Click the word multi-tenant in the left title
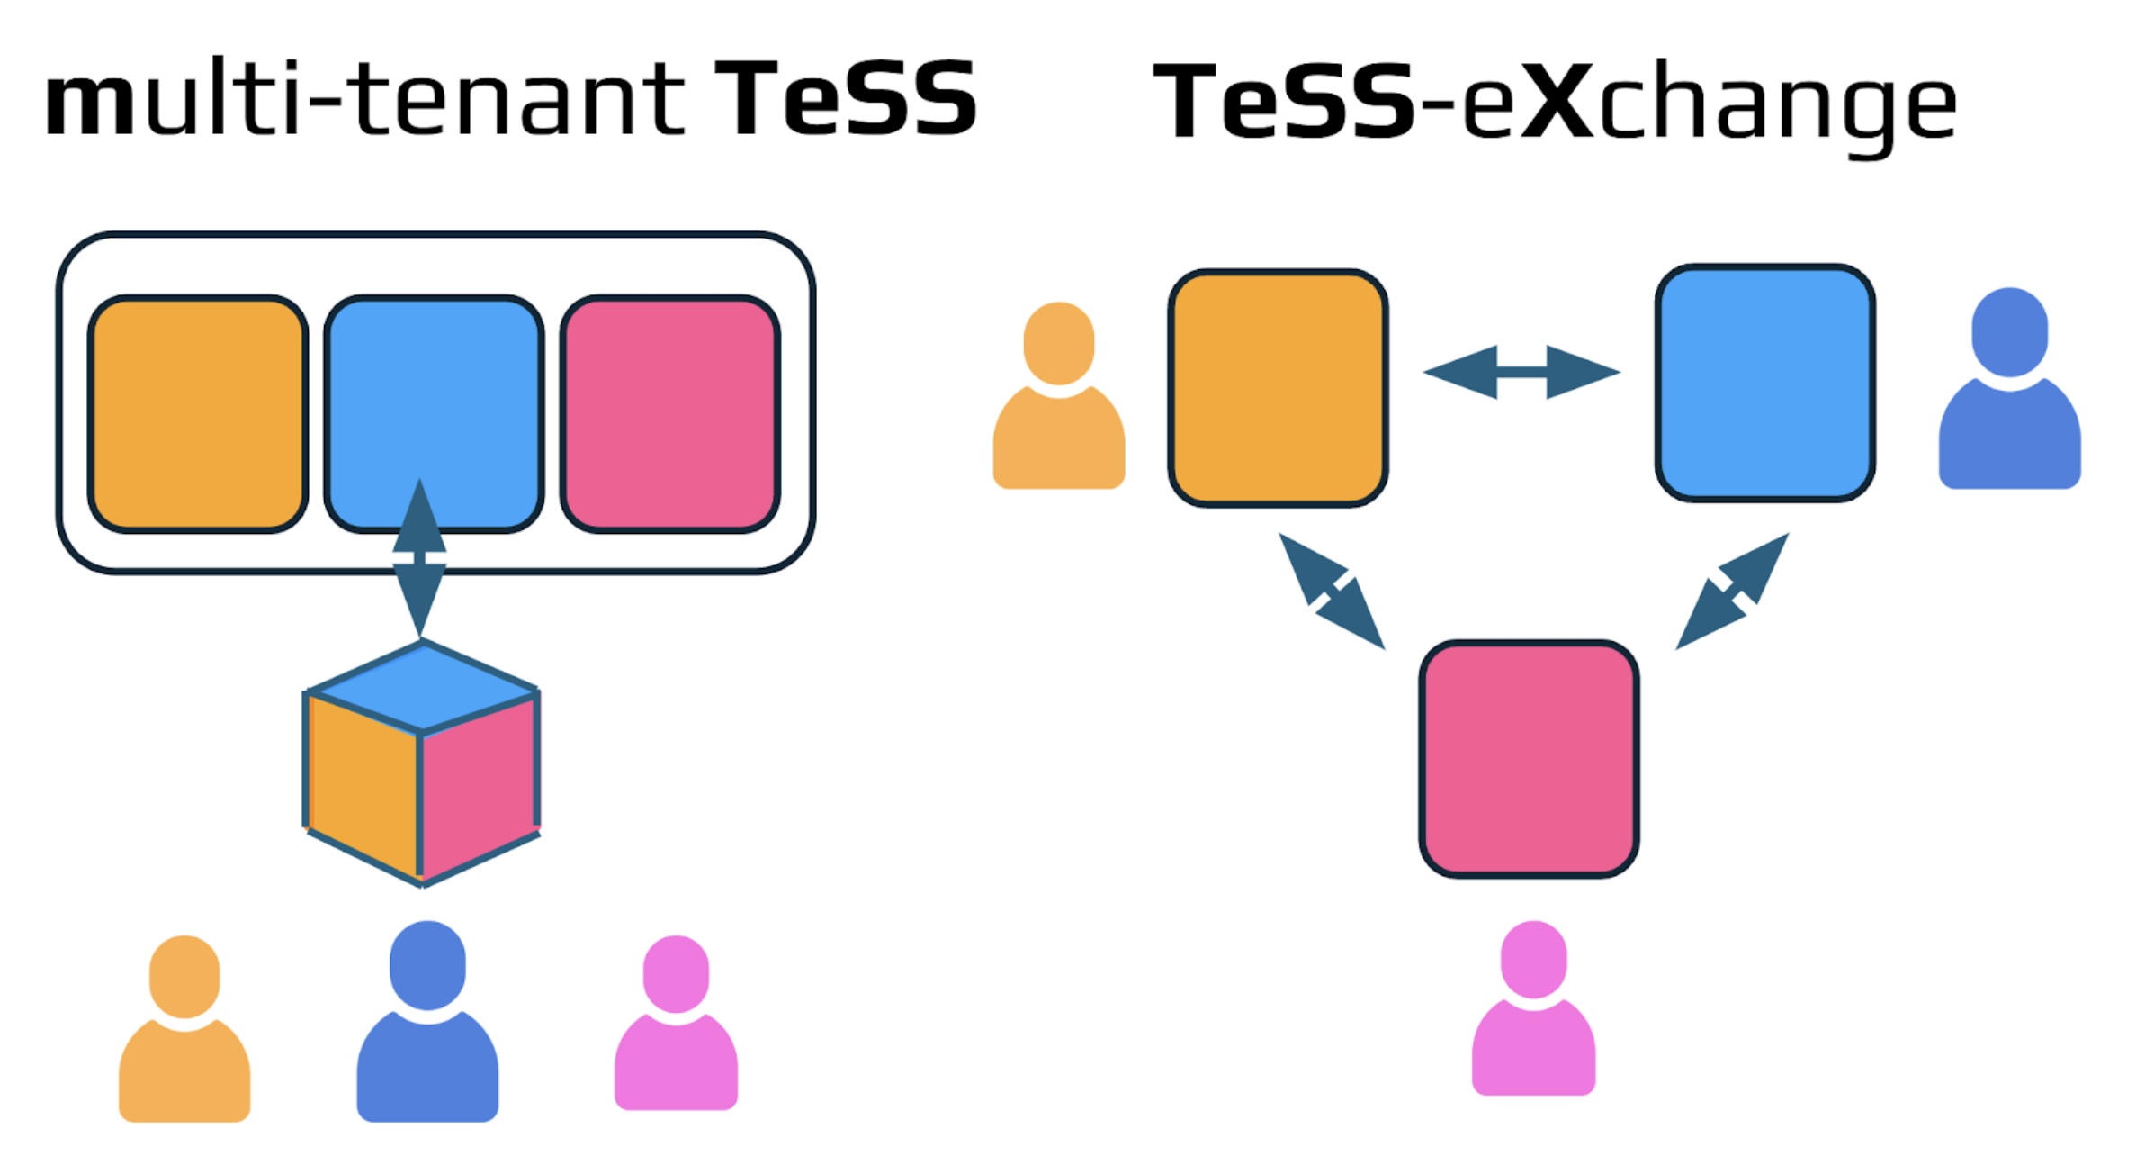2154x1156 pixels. (x=364, y=99)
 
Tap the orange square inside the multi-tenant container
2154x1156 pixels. (x=198, y=414)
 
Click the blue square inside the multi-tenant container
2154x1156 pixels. (x=434, y=396)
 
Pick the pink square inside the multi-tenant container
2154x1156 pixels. (x=670, y=414)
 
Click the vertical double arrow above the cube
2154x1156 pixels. (x=419, y=558)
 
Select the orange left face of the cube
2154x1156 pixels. (x=362, y=783)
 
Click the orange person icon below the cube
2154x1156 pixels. (x=184, y=1035)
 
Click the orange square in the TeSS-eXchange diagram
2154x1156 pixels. (x=1278, y=388)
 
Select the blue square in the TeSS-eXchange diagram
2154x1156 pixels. (x=1765, y=383)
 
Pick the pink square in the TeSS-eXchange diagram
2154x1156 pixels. (x=1529, y=759)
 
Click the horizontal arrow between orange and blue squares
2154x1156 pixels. (x=1521, y=372)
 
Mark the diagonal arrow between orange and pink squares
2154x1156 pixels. (x=1332, y=592)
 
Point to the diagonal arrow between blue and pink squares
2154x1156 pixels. (x=1732, y=592)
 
